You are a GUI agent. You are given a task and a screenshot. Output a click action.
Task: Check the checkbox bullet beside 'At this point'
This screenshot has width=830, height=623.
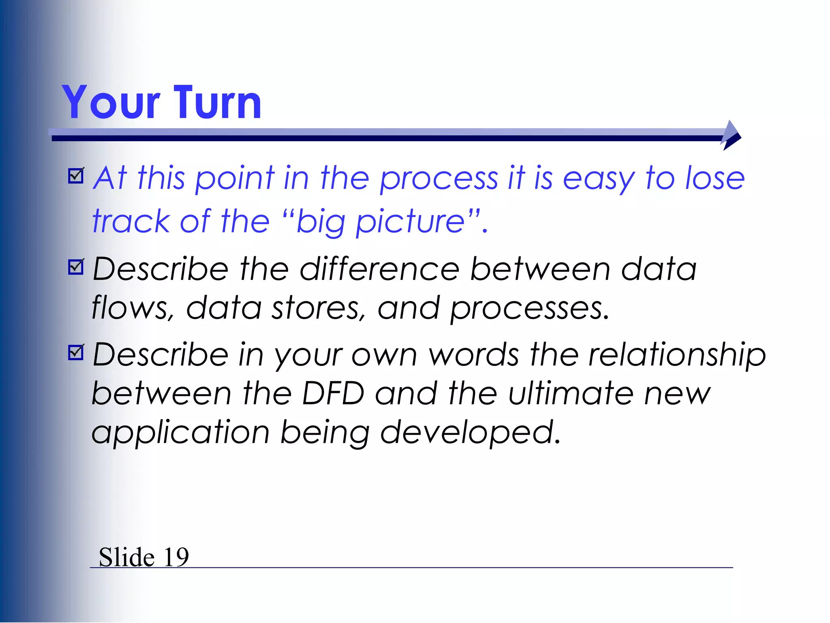click(x=76, y=176)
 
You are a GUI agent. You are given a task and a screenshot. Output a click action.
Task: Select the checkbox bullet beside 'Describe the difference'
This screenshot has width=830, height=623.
click(x=76, y=267)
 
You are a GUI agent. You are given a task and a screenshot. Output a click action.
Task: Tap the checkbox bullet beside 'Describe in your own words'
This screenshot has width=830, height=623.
click(x=76, y=352)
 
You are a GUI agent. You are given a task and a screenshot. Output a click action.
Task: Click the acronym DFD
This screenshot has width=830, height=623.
click(x=333, y=393)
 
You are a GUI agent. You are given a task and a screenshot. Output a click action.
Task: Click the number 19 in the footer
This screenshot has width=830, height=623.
click(x=176, y=557)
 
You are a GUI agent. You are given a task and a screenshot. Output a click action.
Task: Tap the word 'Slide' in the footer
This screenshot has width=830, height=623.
click(x=126, y=557)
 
